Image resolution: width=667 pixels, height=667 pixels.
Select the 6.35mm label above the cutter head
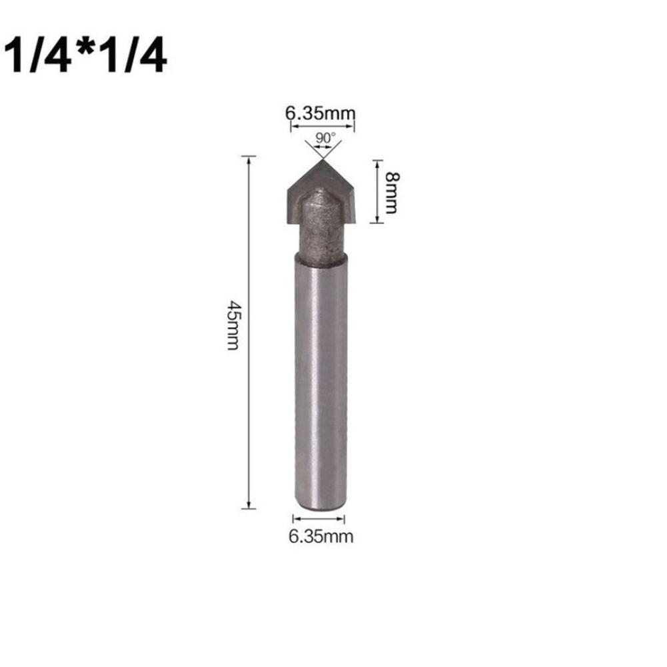coord(321,113)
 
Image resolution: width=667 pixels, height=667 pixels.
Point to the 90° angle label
coord(325,138)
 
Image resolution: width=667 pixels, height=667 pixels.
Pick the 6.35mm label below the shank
coord(321,536)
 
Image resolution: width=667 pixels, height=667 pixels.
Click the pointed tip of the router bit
coord(321,161)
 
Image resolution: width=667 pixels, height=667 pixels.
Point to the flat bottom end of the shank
coord(321,506)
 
